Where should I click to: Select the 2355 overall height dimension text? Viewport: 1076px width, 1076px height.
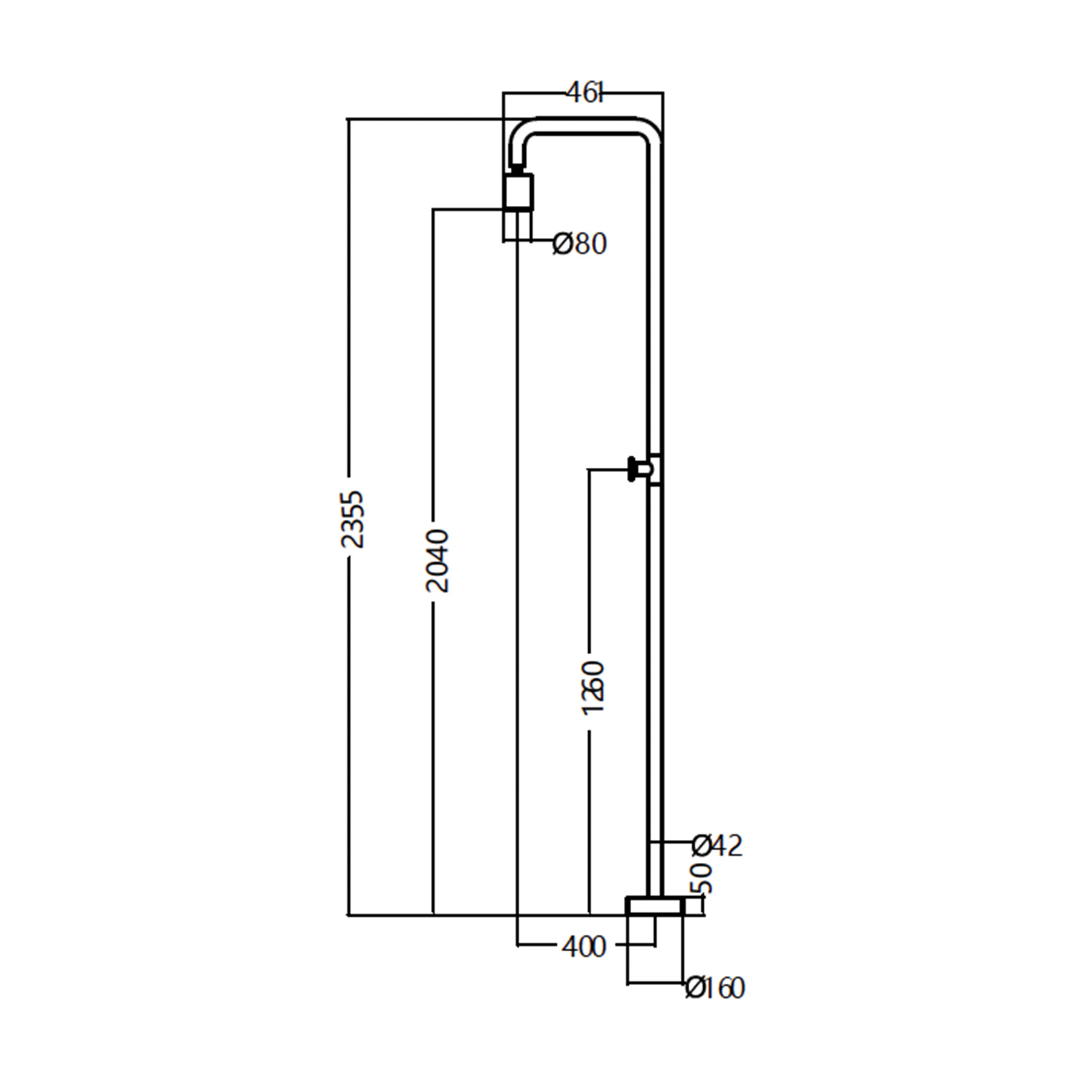click(x=352, y=519)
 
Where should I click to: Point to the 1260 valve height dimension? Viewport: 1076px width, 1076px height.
click(x=593, y=687)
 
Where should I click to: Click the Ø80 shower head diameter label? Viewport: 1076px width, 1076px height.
click(x=580, y=244)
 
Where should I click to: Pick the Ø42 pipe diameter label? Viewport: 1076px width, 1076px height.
click(x=717, y=846)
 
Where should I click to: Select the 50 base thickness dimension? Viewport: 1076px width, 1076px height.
click(x=703, y=878)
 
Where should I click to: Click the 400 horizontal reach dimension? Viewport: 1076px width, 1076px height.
click(x=584, y=947)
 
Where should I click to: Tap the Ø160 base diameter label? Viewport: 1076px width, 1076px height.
click(x=715, y=988)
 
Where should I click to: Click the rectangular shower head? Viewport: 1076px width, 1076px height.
click(x=518, y=192)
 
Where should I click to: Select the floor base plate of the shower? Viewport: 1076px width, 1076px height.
click(x=654, y=906)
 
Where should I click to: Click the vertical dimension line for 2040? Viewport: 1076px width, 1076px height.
click(x=433, y=359)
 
